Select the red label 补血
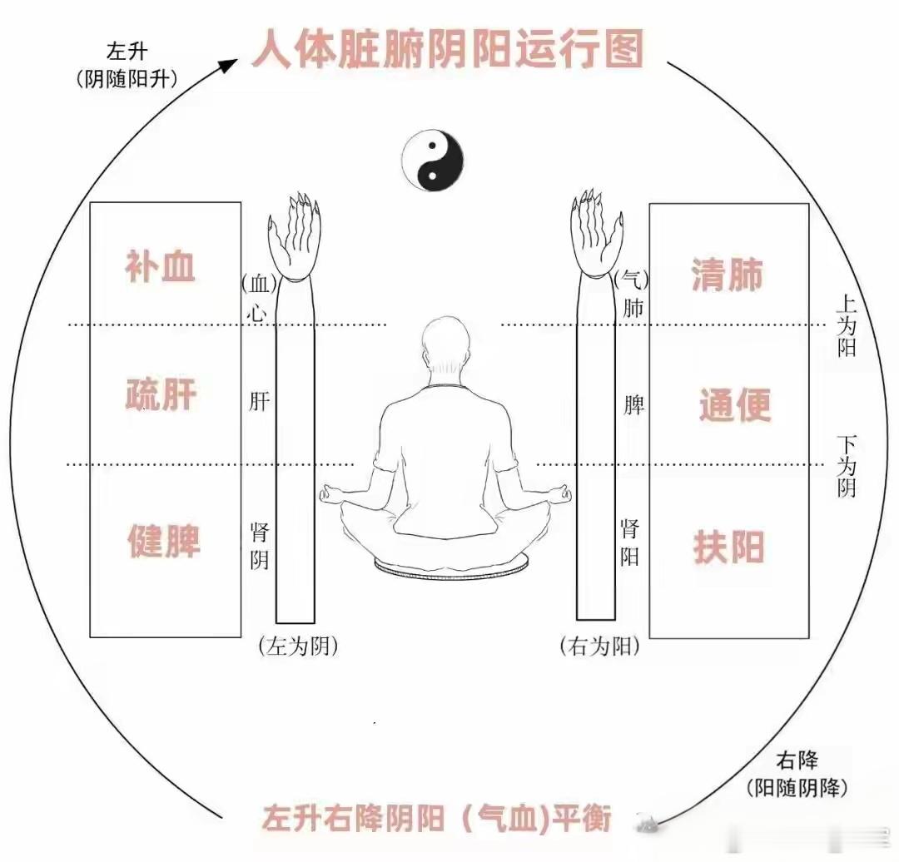click(x=161, y=266)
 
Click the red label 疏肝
click(x=161, y=394)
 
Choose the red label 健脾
click(x=163, y=542)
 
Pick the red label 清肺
click(x=727, y=275)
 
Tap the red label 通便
click(x=734, y=406)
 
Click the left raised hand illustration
click(x=294, y=237)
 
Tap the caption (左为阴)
click(x=298, y=646)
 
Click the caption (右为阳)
click(x=600, y=646)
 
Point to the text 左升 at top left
click(x=127, y=52)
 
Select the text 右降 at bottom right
click(x=797, y=760)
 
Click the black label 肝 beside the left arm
click(x=260, y=402)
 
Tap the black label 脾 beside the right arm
click(x=634, y=405)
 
